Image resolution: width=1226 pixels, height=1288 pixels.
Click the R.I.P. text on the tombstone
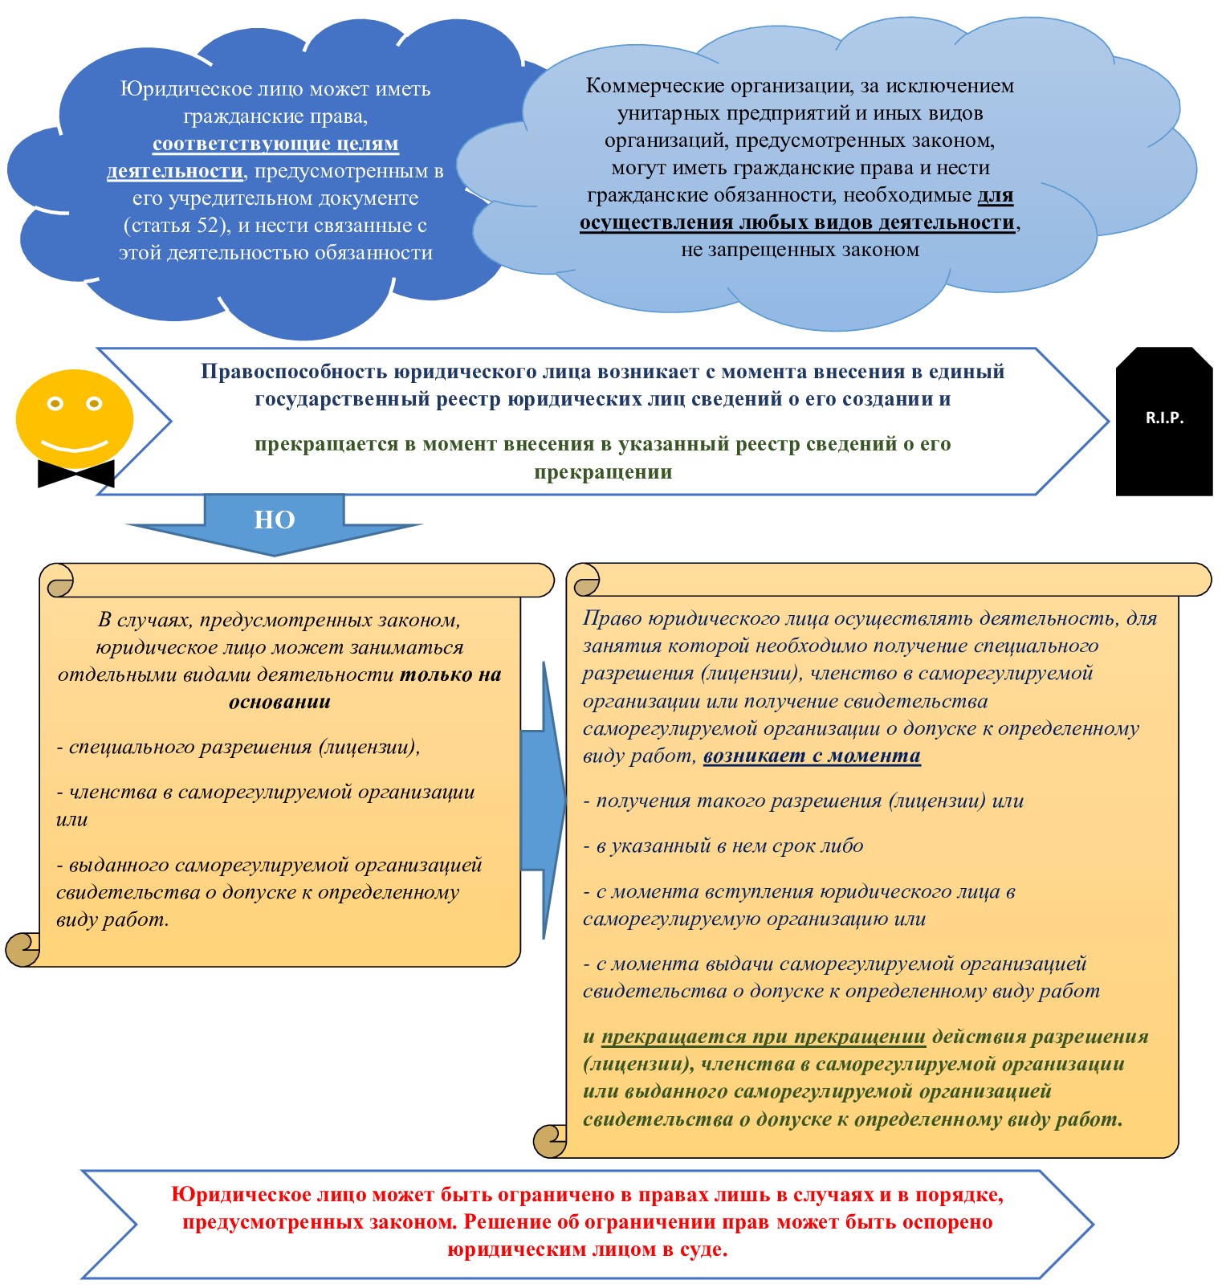[1164, 418]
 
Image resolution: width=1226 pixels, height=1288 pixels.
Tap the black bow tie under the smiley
[76, 473]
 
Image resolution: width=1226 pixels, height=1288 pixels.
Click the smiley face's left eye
[55, 403]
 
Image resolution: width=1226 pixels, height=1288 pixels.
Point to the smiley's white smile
[75, 444]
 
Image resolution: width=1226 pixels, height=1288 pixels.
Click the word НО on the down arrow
[275, 520]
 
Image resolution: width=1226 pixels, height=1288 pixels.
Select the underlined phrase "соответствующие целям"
[275, 144]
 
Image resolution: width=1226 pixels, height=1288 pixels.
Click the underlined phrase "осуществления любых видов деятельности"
[796, 222]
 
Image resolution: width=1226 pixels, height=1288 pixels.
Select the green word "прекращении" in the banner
[603, 471]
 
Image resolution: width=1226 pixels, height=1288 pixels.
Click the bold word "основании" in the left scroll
[279, 702]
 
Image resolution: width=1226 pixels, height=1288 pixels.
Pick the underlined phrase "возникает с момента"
[812, 756]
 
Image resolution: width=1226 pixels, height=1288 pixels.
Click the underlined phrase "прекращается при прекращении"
[764, 1037]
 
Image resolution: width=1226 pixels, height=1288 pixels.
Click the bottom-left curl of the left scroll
[22, 949]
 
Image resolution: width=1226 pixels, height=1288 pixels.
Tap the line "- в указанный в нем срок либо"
[723, 846]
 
